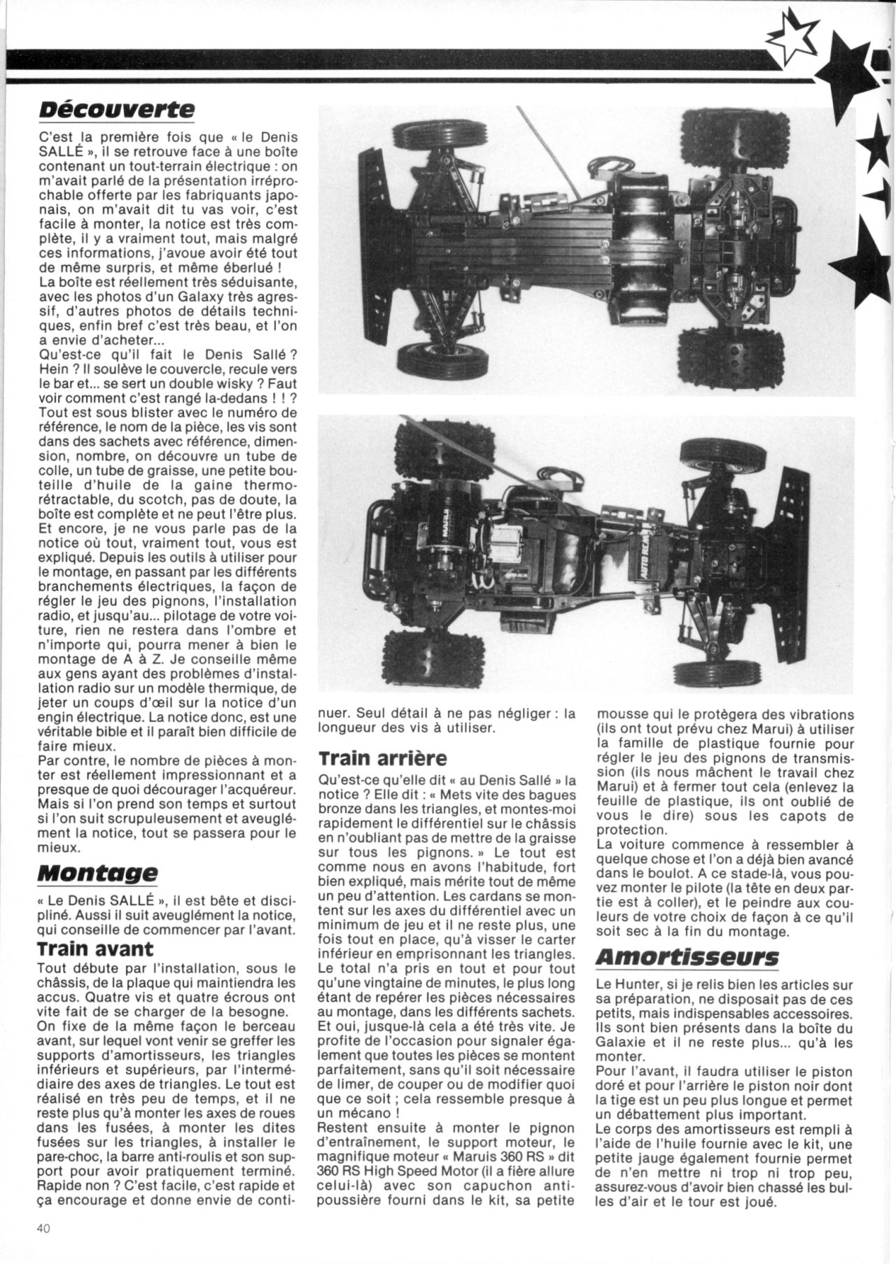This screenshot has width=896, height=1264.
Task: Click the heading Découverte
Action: point(115,109)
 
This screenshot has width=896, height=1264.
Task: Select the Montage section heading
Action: point(98,873)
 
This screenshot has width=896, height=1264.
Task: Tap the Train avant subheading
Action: point(95,949)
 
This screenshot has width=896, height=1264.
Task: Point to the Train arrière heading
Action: point(382,758)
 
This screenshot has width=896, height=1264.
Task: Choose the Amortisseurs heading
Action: point(687,957)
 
